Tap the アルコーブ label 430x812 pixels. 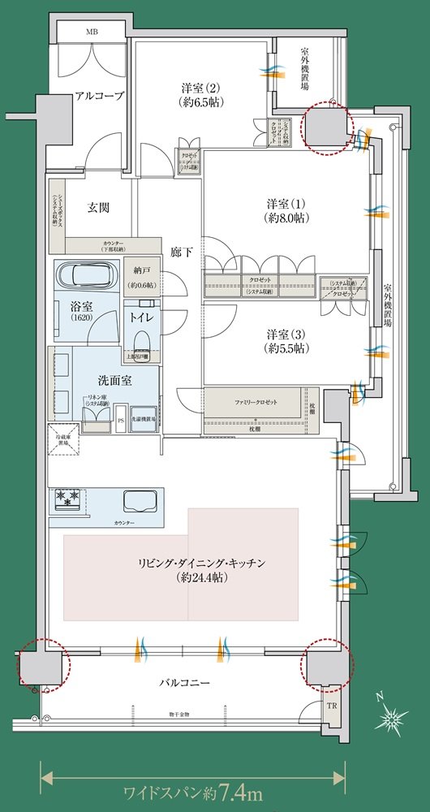pyautogui.click(x=99, y=96)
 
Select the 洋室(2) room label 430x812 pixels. pyautogui.click(x=200, y=94)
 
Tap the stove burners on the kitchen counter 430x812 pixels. pyautogui.click(x=66, y=499)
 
